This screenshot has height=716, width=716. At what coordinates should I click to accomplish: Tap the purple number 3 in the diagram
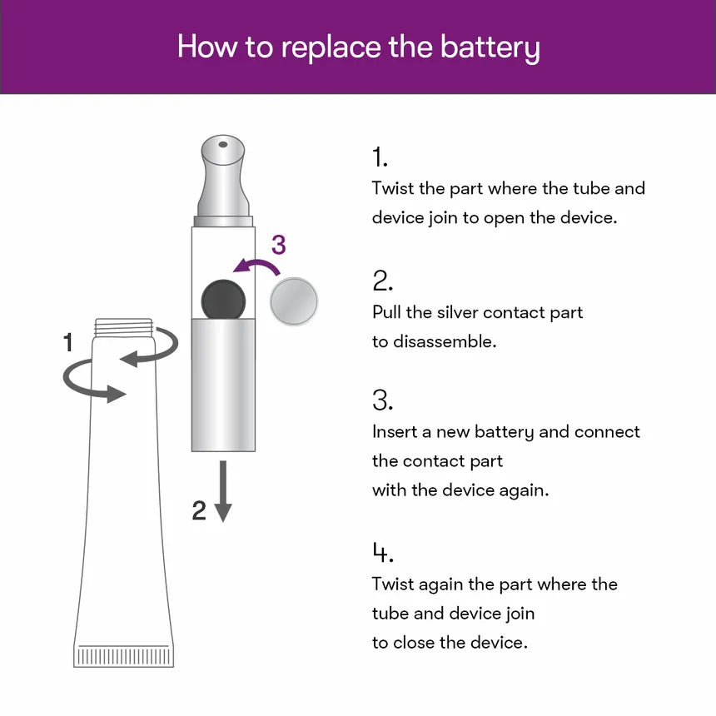coord(278,245)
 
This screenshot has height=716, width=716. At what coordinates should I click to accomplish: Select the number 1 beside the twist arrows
coord(68,342)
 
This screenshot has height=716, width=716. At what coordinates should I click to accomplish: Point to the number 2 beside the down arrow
coord(199,510)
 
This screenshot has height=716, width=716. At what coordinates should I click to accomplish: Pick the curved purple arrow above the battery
coord(258,267)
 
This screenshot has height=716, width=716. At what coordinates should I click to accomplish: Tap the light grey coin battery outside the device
coord(295,301)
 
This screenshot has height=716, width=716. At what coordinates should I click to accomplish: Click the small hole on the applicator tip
coord(223,145)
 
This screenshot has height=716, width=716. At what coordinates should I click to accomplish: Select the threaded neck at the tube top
coord(125,327)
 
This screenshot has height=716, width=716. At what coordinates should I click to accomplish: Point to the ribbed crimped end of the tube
coord(125,655)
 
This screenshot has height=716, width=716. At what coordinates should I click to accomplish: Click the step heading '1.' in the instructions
coord(380,157)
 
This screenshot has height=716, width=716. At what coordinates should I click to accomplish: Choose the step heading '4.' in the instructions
coord(382,553)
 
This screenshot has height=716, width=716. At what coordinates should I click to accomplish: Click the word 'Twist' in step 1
coord(393,188)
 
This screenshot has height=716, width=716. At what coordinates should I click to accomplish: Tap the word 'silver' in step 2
coord(453,312)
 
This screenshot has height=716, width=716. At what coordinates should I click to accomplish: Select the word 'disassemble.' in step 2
coord(445,341)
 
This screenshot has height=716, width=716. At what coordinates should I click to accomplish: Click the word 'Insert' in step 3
coord(395,432)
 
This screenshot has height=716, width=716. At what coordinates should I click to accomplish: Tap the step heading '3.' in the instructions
coord(382,400)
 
